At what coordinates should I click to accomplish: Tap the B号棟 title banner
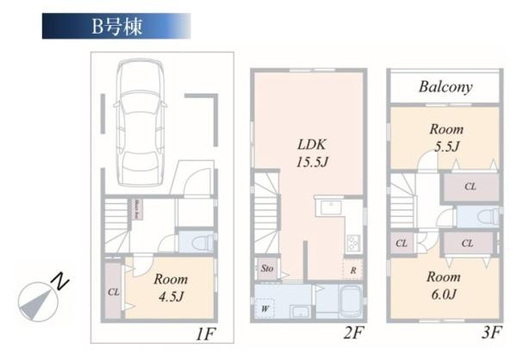(116, 26)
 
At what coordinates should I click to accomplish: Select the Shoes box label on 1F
(136, 210)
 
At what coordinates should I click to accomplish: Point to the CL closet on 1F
(114, 290)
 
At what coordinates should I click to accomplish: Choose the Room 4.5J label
(171, 289)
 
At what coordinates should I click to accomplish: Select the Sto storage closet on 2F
(265, 269)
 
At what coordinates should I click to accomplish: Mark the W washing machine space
(265, 305)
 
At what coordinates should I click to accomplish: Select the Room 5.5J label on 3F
(445, 138)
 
